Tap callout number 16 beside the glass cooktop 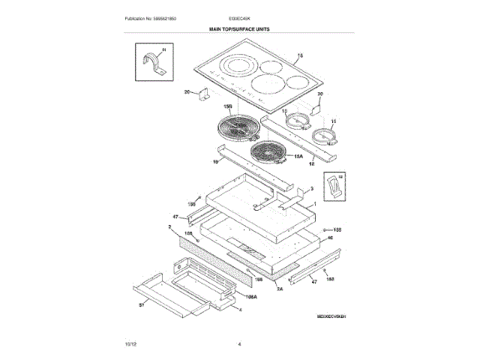(301, 57)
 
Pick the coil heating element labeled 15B (236, 128)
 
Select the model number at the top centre (239, 17)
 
